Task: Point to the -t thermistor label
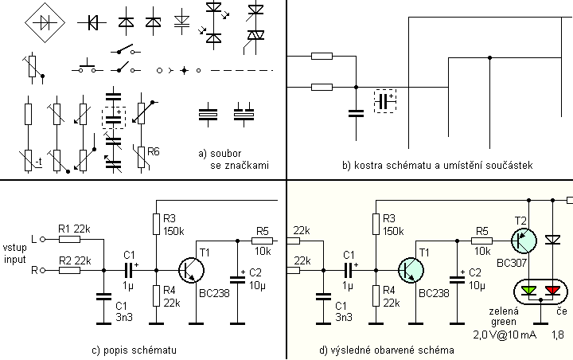click(37, 165)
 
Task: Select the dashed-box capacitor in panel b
click(386, 100)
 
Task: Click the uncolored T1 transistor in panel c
click(190, 271)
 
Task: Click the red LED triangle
click(550, 289)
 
